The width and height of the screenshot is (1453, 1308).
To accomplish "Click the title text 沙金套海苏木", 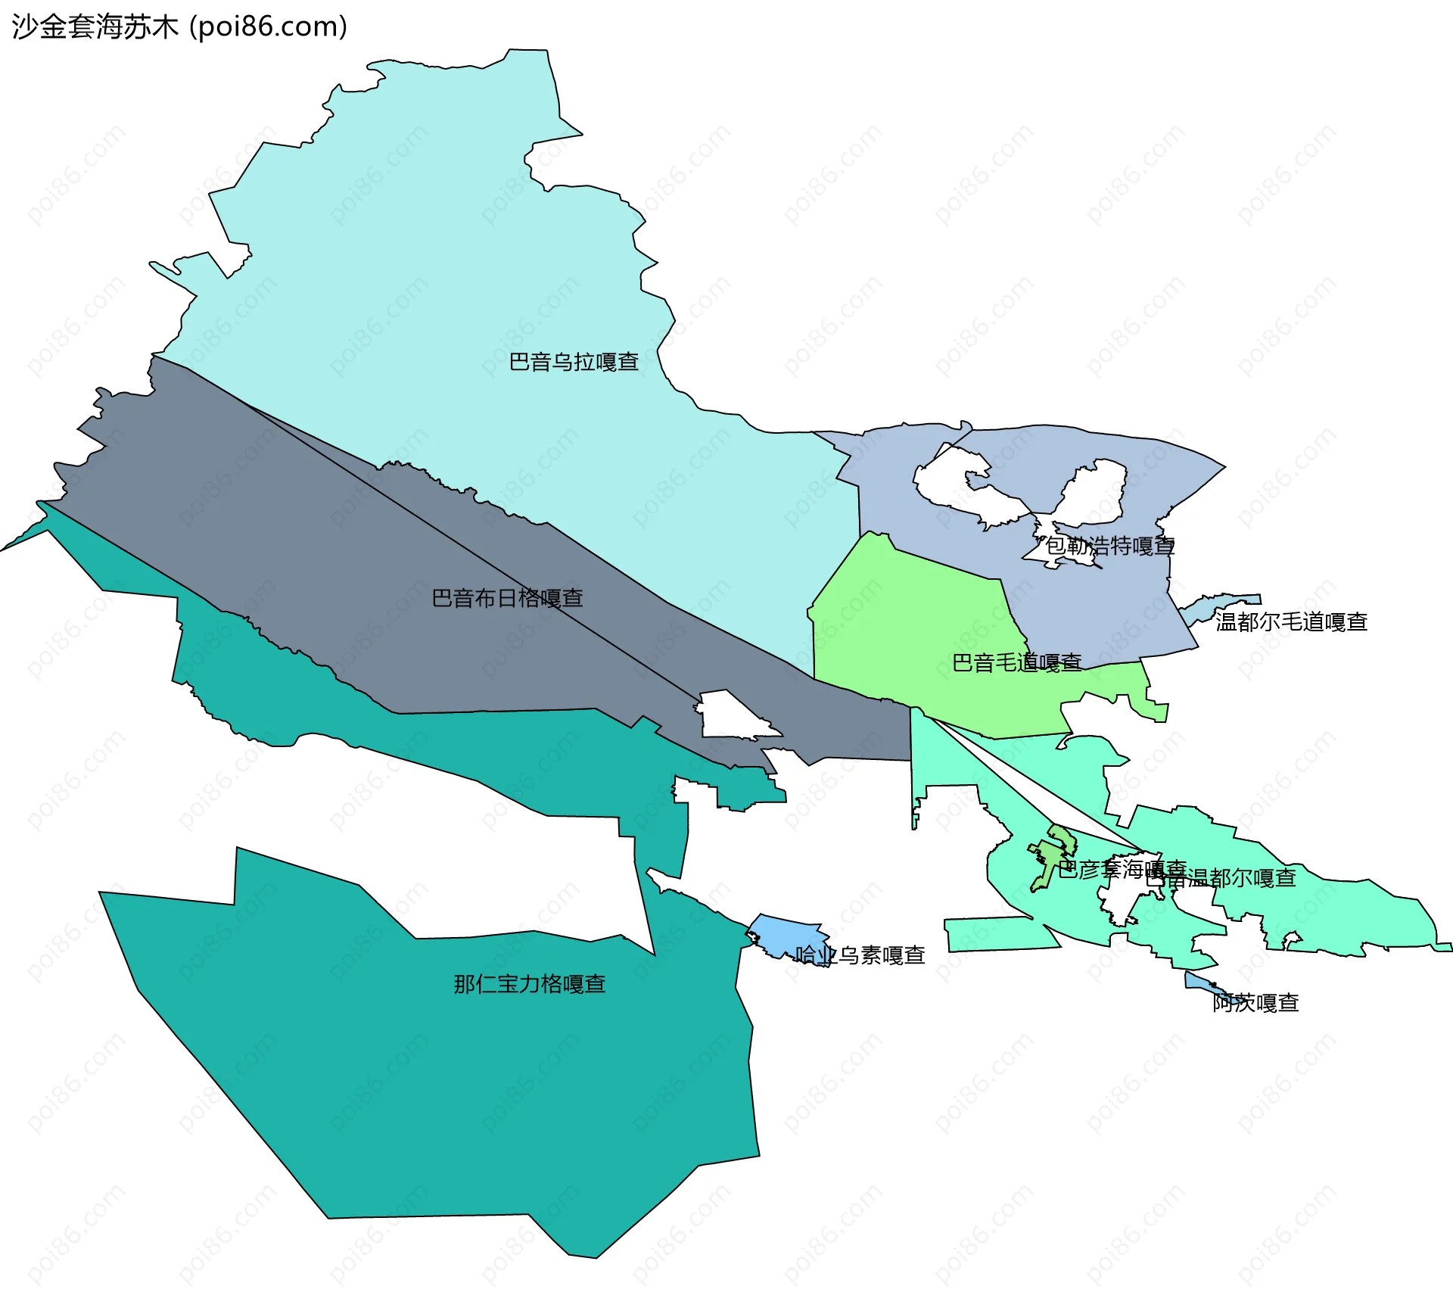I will click(95, 27).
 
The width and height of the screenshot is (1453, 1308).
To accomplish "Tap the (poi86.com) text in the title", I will click(268, 27).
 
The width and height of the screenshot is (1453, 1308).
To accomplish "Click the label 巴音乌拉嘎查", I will click(574, 362).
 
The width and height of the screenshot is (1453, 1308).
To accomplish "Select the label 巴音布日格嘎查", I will click(507, 598).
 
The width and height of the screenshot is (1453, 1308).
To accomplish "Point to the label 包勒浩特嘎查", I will click(1110, 546).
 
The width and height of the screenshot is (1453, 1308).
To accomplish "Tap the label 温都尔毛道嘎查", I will click(1291, 622).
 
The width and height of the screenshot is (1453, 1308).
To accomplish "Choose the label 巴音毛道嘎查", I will click(1016, 663).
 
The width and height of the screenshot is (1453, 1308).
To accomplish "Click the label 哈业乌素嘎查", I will click(860, 955).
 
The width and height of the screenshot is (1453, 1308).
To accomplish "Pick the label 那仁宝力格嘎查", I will click(530, 984).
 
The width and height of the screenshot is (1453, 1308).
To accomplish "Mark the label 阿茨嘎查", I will click(1255, 1003).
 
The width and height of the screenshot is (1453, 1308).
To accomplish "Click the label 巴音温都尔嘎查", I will click(1222, 878).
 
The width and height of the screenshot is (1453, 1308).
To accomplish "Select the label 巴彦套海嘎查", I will click(1122, 869).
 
